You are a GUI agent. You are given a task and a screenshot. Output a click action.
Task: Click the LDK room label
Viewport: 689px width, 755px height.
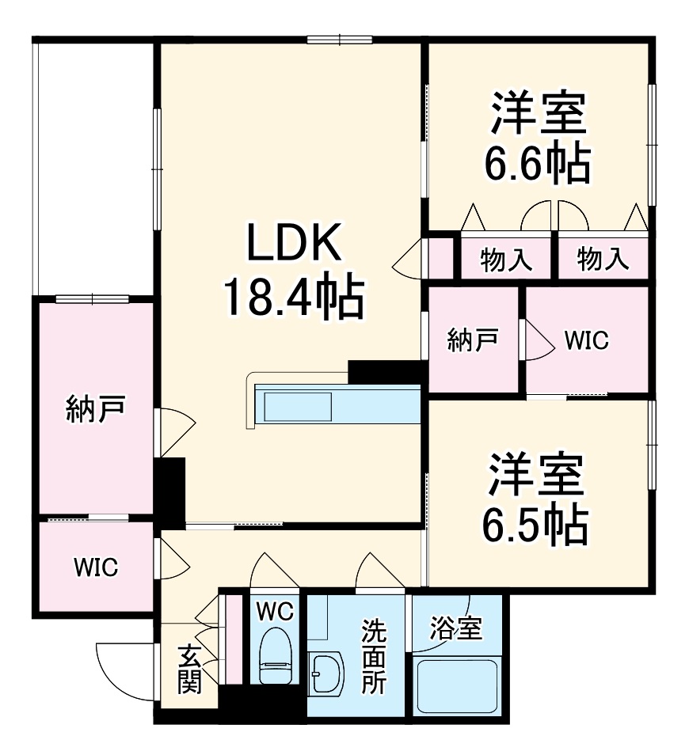pos(294,244)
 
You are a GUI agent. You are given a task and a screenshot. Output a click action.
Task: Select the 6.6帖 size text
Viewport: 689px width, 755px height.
pos(538,165)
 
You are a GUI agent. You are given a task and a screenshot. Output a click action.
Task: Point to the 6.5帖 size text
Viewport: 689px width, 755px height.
pos(536,522)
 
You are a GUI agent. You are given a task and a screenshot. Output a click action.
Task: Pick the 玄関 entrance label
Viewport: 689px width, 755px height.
pos(188,669)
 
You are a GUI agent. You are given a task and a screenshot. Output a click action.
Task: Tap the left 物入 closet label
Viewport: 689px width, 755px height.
pos(505,260)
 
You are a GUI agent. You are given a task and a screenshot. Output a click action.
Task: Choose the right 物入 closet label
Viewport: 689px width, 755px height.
pos(603,260)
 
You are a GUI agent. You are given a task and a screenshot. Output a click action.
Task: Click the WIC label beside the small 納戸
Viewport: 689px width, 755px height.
pos(586,340)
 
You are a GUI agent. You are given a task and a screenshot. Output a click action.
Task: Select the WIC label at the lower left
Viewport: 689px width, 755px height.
pos(96,567)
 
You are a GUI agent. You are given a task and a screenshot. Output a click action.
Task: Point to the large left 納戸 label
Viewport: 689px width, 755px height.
pos(94,410)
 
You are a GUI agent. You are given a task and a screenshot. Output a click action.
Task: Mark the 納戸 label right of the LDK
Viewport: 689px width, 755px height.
pos(472,340)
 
